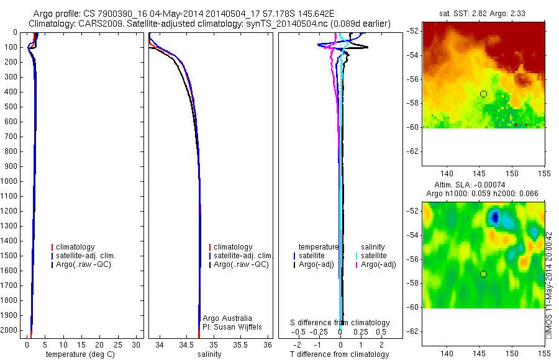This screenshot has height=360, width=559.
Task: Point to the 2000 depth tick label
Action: [x=11, y=330]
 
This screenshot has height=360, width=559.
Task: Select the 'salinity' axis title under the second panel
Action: [x=209, y=354]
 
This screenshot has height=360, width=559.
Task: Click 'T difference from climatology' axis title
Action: [x=339, y=354]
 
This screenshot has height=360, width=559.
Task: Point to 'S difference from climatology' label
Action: [x=340, y=323]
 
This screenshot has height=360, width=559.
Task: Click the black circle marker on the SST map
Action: [x=483, y=94]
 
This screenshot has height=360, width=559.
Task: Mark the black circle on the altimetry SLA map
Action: [x=483, y=274]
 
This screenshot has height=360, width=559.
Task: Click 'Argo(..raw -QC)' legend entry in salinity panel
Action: [x=241, y=264]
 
